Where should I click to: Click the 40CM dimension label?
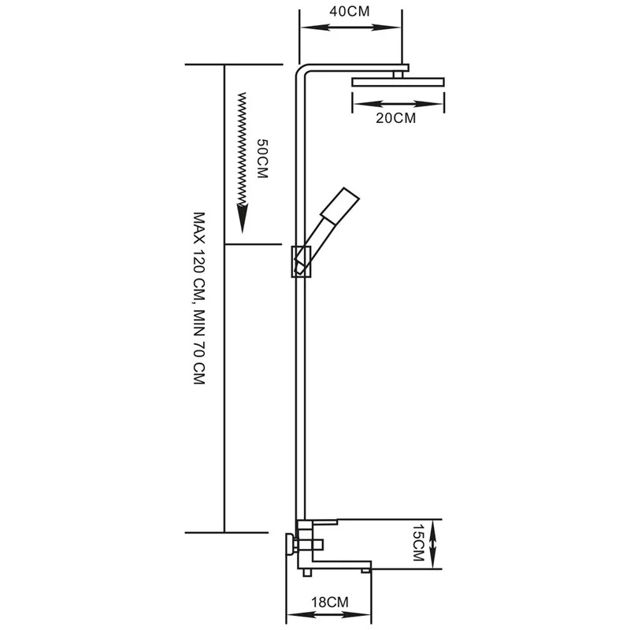(x=349, y=11)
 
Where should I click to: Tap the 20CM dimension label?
(x=396, y=118)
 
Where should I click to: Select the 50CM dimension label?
(x=262, y=158)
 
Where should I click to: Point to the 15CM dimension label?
(x=419, y=543)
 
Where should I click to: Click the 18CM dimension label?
(x=330, y=602)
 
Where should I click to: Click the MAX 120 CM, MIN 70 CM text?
(x=199, y=298)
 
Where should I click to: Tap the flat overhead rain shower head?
(x=398, y=82)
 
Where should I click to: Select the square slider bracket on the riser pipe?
(x=301, y=261)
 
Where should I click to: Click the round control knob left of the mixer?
(x=290, y=544)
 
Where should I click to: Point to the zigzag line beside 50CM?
(x=242, y=149)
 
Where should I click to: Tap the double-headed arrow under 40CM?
(x=350, y=28)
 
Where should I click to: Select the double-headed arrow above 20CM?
(x=398, y=104)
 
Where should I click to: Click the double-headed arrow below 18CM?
(x=328, y=615)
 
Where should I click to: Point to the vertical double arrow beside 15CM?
(x=432, y=544)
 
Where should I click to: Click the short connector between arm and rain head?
(x=398, y=74)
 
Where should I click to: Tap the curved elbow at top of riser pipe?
(x=302, y=71)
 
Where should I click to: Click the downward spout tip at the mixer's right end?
(x=365, y=570)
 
